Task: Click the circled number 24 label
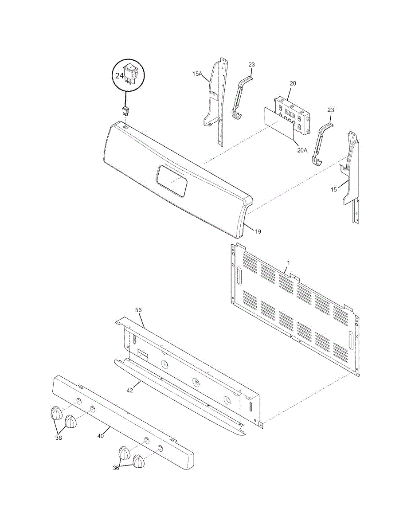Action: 119,76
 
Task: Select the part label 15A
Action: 197,74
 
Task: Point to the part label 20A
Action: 302,150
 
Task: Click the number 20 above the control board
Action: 293,83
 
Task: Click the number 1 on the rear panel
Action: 288,263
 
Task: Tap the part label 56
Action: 138,310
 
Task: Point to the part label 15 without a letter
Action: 334,189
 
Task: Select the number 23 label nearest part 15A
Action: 251,65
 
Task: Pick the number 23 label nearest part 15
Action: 331,110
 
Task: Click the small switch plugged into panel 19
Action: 125,112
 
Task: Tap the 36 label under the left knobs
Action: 59,438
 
